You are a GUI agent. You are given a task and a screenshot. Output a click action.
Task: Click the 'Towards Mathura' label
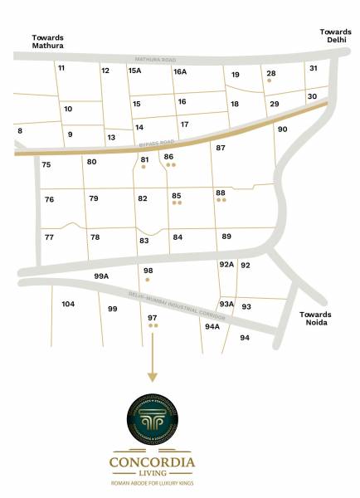point(48,41)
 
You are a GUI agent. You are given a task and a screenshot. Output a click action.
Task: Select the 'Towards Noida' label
point(315,319)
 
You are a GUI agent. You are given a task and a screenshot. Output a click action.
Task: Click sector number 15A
point(134,71)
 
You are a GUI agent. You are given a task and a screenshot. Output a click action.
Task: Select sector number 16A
point(180,72)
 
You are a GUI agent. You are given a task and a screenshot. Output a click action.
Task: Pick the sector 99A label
point(102,276)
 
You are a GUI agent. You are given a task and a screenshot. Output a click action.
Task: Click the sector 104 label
point(68,305)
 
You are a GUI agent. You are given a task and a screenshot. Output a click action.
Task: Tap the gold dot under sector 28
point(270,82)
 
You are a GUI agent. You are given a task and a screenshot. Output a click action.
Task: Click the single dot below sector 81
point(144,167)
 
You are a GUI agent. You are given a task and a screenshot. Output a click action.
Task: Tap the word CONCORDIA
point(153,461)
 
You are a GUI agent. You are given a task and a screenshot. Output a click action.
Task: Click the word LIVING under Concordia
point(153,473)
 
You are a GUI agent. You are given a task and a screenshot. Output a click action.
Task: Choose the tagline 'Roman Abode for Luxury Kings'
point(153,482)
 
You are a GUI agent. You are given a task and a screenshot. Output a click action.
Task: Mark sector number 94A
point(212,326)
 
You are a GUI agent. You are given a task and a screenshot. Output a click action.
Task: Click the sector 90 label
point(282,129)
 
